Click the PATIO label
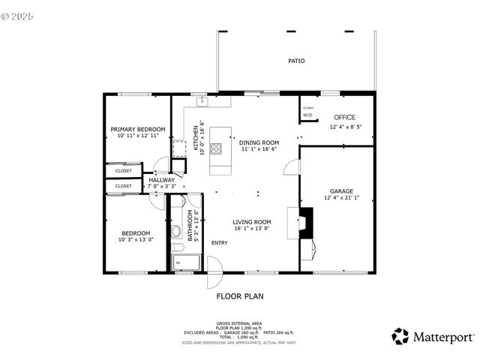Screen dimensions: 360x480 (x=297, y=61)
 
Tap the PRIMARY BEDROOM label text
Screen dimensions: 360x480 (x=138, y=129)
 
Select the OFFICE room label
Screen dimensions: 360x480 (x=344, y=117)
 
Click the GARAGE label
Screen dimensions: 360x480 (x=341, y=190)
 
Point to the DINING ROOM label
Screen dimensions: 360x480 (x=259, y=142)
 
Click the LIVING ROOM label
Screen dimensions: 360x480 (x=251, y=222)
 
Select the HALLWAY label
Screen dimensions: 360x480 (x=161, y=180)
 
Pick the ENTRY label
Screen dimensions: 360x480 (x=220, y=242)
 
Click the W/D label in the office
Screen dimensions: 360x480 (x=307, y=115)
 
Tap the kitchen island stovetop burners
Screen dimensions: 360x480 (x=216, y=148)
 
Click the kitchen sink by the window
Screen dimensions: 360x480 (x=202, y=100)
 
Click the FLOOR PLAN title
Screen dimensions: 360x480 (x=240, y=296)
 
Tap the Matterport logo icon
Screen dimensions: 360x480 (x=400, y=335)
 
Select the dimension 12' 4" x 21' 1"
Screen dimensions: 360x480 (x=341, y=198)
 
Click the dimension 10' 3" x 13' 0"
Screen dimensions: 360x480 (x=136, y=240)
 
